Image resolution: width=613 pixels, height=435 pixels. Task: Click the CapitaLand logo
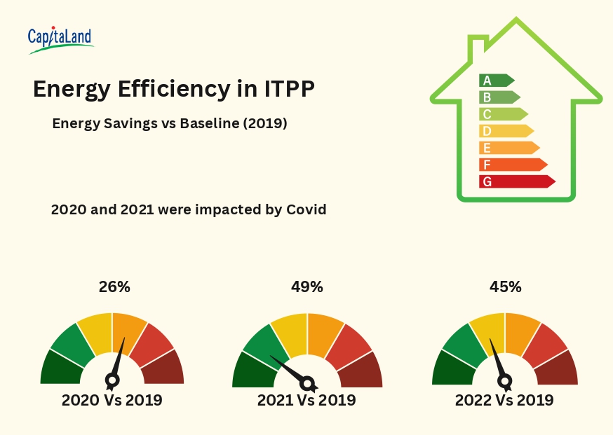point(60,40)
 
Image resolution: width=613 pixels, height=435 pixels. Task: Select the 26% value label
point(114,286)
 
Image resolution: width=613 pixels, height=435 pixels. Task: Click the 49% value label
point(306,286)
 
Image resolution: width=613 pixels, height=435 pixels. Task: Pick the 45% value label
point(505,286)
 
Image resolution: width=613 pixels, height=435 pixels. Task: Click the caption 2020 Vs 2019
point(112,401)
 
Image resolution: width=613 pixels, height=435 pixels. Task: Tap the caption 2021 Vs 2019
point(306,401)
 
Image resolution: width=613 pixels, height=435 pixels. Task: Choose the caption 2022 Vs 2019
point(504,401)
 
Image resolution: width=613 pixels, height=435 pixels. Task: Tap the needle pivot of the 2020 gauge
point(112,380)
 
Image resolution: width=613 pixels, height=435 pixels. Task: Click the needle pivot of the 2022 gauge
point(504,381)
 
